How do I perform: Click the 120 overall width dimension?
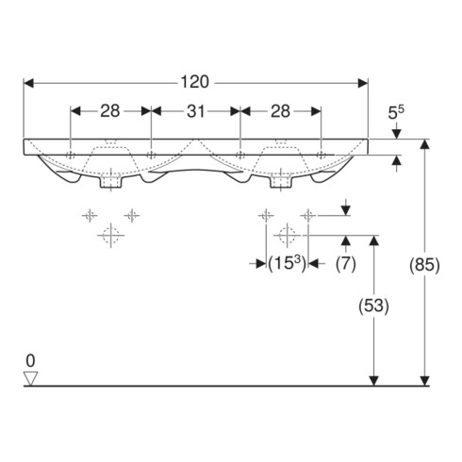tap(194, 82)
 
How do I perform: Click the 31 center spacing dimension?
tap(196, 111)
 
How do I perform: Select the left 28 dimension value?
tap(110, 111)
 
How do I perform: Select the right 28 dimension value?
tap(280, 111)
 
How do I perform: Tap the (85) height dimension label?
tap(424, 265)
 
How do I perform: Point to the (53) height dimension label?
tap(373, 305)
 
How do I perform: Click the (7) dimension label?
tap(346, 263)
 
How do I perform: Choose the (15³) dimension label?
tap(287, 263)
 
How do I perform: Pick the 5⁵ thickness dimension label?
tap(396, 112)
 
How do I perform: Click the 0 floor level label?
tap(30, 361)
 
